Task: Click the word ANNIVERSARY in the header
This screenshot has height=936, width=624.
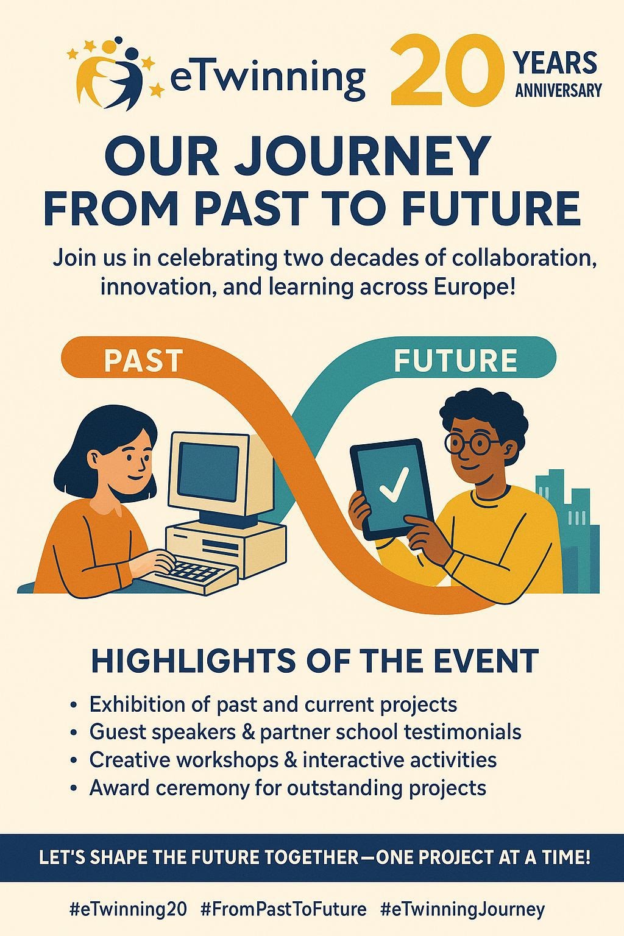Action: (558, 90)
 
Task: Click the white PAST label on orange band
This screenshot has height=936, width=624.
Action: (143, 360)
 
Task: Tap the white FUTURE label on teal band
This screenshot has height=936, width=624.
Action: (456, 360)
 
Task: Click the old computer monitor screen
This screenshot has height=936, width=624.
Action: (208, 469)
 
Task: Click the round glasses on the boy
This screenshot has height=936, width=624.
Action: (472, 444)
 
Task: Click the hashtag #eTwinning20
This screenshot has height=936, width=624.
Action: (129, 910)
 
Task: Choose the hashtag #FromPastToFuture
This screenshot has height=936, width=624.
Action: (283, 910)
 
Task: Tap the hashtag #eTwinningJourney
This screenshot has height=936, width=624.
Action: (463, 910)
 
